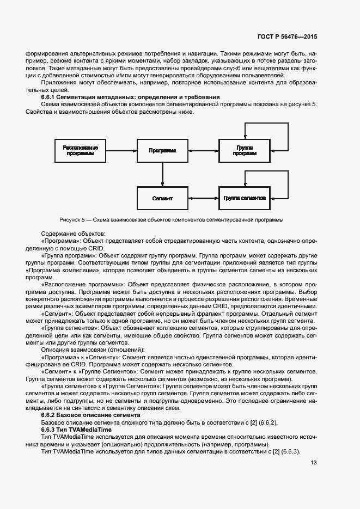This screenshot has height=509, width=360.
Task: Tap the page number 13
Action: pyautogui.click(x=313, y=463)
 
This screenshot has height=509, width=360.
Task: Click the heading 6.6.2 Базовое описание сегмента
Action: pyautogui.click(x=90, y=415)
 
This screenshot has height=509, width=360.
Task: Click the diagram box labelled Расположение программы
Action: pyautogui.click(x=81, y=150)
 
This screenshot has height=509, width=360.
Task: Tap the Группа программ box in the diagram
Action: pyautogui.click(x=245, y=150)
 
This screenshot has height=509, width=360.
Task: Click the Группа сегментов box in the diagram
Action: pyautogui.click(x=245, y=198)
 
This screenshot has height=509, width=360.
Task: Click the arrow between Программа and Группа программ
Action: pyautogui.click(x=204, y=150)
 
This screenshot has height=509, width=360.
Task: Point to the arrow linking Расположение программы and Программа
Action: pyautogui.click(x=121, y=150)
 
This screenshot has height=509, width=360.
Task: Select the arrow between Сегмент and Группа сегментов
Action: pyautogui.click(x=204, y=198)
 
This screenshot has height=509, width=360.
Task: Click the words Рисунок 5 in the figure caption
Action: pyautogui.click(x=74, y=220)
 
